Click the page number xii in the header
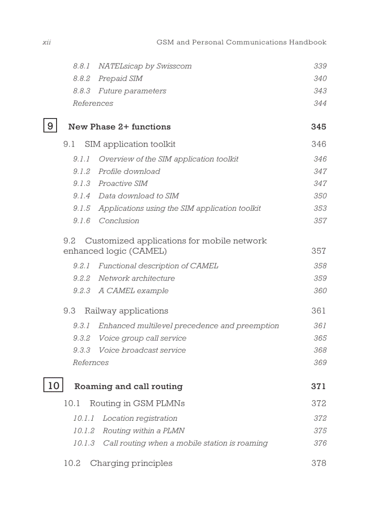[x=46, y=42]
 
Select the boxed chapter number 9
[x=50, y=125]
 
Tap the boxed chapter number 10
[x=53, y=385]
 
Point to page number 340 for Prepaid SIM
[x=320, y=78]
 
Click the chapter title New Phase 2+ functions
[x=119, y=127]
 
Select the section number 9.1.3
[x=81, y=184]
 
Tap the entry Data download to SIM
[x=138, y=196]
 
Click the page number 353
[x=320, y=208]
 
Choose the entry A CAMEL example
[x=133, y=291]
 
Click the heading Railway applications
[x=126, y=311]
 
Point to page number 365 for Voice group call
[x=320, y=338]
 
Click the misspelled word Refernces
[x=90, y=363]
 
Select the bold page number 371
[x=318, y=386]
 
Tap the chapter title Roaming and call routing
[x=128, y=386]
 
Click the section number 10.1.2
[x=84, y=431]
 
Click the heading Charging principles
[x=131, y=463]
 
